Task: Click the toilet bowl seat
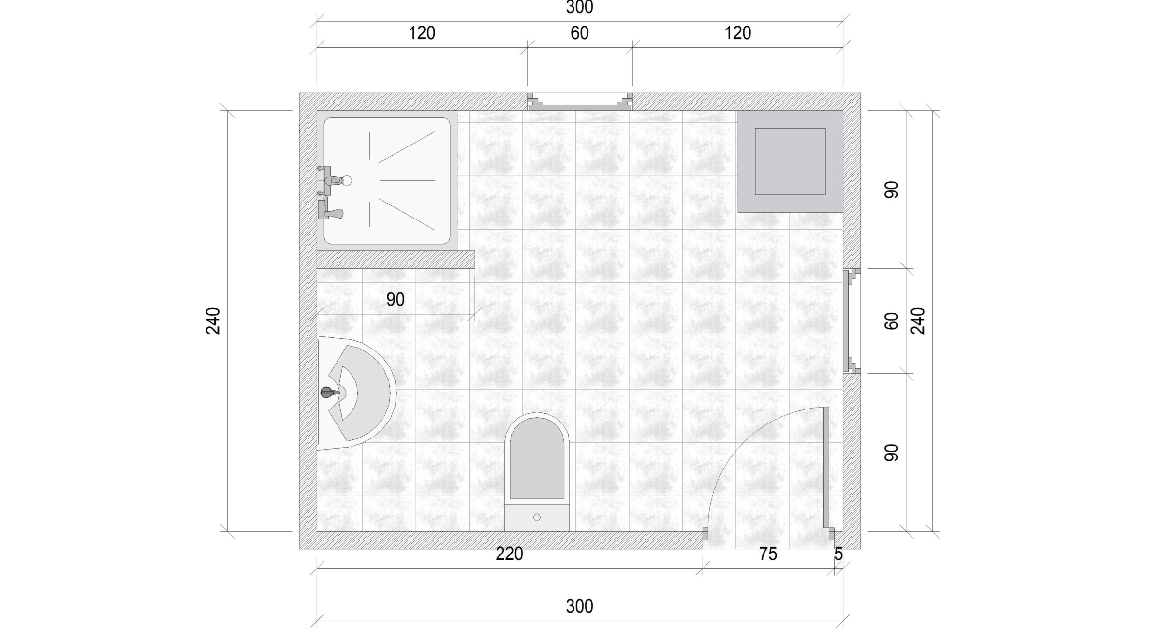click(537, 457)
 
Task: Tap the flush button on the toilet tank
click(537, 517)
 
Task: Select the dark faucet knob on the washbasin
click(327, 392)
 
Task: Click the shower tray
click(387, 181)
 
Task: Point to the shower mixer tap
click(331, 192)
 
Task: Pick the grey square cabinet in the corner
click(790, 161)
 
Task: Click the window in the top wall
click(580, 102)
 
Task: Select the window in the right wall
click(852, 321)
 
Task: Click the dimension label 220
click(509, 554)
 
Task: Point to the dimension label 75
click(768, 554)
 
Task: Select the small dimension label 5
click(838, 554)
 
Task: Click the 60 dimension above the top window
click(580, 33)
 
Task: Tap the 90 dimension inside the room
click(396, 300)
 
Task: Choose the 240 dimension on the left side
click(213, 321)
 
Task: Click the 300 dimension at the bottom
click(580, 606)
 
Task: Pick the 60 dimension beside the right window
click(892, 321)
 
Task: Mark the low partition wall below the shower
click(396, 260)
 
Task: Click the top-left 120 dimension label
click(422, 33)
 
